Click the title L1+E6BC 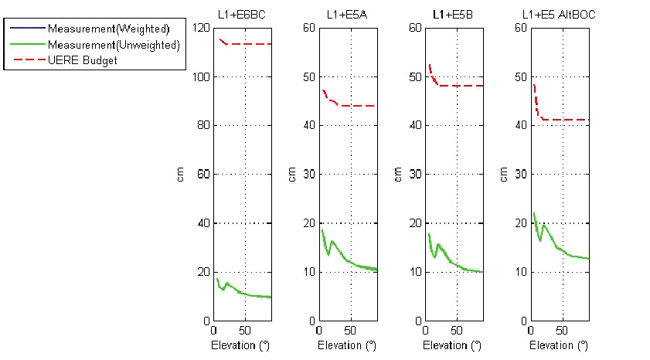click(243, 14)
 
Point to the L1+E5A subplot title click(347, 14)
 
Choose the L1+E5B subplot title click(453, 14)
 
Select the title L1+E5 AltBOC click(559, 14)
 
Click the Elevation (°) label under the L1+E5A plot click(347, 345)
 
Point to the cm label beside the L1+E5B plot click(397, 175)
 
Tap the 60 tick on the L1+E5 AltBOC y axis click(520, 28)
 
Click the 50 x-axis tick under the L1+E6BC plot click(245, 329)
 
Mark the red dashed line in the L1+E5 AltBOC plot click(564, 120)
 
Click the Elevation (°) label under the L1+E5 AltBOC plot click(559, 345)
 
